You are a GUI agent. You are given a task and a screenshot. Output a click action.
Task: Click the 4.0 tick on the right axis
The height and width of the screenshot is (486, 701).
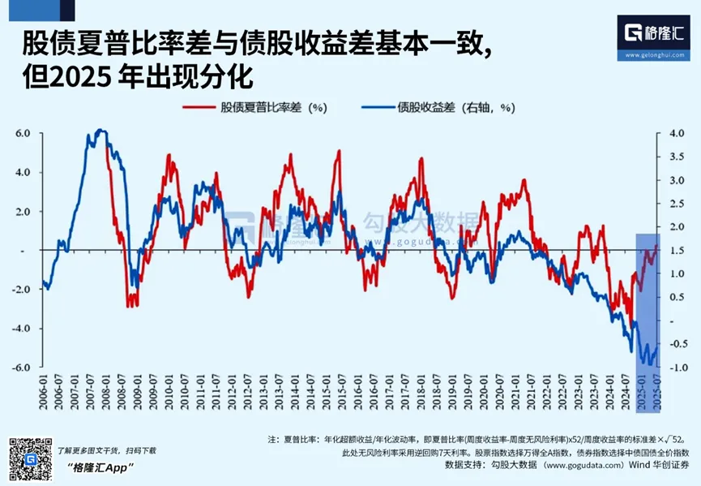(x=677, y=133)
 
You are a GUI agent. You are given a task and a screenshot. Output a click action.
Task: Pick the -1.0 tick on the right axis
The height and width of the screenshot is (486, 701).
(x=677, y=368)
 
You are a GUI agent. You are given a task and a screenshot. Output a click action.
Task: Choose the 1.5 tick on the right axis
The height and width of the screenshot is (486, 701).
(x=677, y=251)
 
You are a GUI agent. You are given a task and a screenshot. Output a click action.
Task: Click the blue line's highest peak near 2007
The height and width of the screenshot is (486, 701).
(x=100, y=130)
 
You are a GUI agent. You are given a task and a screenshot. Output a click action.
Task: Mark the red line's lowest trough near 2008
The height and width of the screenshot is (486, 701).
(x=129, y=305)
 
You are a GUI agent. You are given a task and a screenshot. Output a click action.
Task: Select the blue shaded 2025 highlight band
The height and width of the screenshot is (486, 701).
(x=648, y=300)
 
